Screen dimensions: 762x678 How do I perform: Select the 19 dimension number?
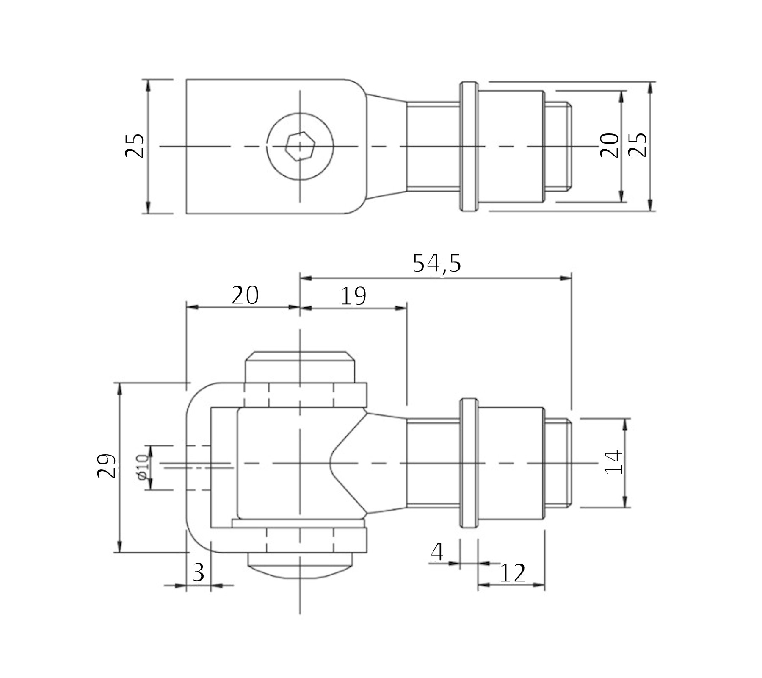pyautogui.click(x=353, y=296)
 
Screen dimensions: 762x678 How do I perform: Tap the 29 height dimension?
pyautogui.click(x=106, y=466)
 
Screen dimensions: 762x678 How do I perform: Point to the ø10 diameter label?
pyautogui.click(x=142, y=467)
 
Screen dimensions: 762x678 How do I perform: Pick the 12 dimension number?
pyautogui.click(x=512, y=574)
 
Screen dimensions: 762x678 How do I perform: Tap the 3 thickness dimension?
pyautogui.click(x=199, y=573)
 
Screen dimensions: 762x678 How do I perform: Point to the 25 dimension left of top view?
pyautogui.click(x=135, y=145)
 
